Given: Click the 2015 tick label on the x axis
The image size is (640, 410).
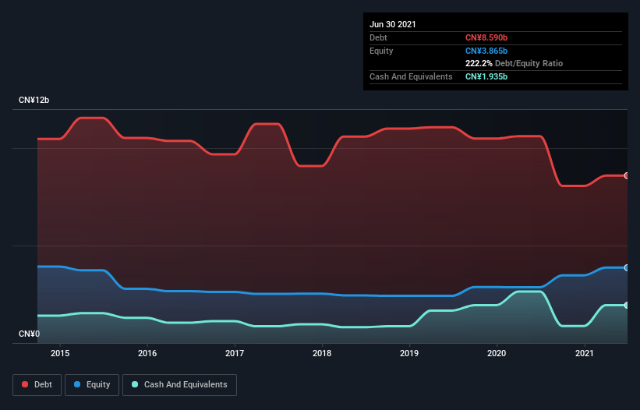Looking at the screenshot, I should click(60, 353).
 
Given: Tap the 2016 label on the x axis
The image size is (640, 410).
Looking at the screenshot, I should click(147, 353).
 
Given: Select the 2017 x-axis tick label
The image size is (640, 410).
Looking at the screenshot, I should click(235, 353).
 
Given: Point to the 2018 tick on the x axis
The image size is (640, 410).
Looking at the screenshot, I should click(322, 353).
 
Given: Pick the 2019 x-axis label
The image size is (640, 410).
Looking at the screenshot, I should click(409, 353).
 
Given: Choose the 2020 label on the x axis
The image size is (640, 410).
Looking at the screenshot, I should click(497, 353).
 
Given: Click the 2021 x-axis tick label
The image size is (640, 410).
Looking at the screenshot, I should click(584, 353).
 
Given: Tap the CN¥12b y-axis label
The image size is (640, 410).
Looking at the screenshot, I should click(34, 101).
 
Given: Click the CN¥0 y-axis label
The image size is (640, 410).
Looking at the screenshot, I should click(29, 334).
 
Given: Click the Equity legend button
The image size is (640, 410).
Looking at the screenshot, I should click(92, 384).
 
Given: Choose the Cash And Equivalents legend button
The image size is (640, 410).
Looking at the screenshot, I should click(179, 384).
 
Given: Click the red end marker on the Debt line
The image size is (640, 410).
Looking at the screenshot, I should click(627, 175).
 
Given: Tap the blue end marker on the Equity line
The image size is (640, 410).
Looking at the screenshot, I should click(627, 267).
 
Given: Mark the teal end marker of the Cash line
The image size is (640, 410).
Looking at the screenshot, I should click(627, 305).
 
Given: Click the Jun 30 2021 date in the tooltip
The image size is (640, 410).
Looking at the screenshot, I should click(393, 24).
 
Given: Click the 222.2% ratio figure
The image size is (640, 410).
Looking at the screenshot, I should click(479, 63).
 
